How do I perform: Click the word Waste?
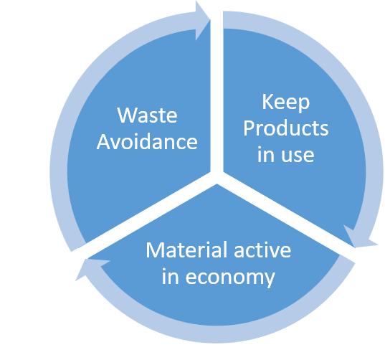147,115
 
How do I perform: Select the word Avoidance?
147,142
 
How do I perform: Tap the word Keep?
286,103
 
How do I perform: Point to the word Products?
286,128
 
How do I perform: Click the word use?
298,155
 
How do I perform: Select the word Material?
187,250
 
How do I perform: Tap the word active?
262,250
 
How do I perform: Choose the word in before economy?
170,277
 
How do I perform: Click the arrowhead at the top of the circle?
203,20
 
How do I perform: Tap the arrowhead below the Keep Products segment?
359,237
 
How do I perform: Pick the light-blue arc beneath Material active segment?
216,334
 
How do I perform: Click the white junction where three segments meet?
217,176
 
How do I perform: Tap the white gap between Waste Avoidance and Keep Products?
217,93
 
